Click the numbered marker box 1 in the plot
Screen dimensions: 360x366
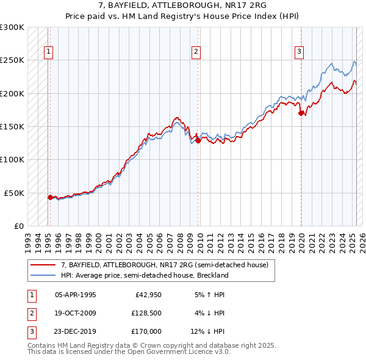[48, 52]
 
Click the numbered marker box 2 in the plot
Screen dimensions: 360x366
[196, 52]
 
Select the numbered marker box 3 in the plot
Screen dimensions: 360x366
[300, 52]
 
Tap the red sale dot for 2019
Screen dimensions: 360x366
[300, 113]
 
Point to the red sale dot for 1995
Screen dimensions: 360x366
[50, 197]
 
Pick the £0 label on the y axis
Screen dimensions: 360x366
[18, 226]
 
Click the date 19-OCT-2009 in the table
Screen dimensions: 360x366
[76, 313]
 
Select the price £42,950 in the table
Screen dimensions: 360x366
[146, 294]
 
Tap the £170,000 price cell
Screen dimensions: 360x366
[146, 332]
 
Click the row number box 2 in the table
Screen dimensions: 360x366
[31, 313]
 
